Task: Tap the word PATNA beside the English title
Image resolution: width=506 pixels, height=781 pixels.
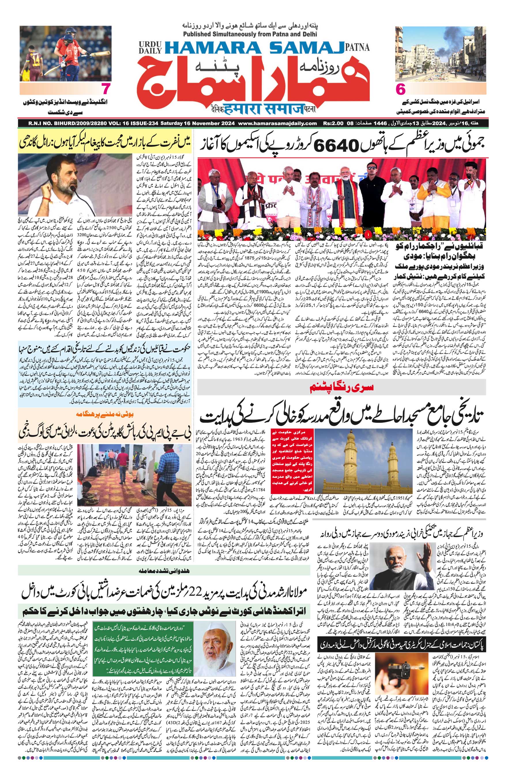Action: click(x=358, y=47)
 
